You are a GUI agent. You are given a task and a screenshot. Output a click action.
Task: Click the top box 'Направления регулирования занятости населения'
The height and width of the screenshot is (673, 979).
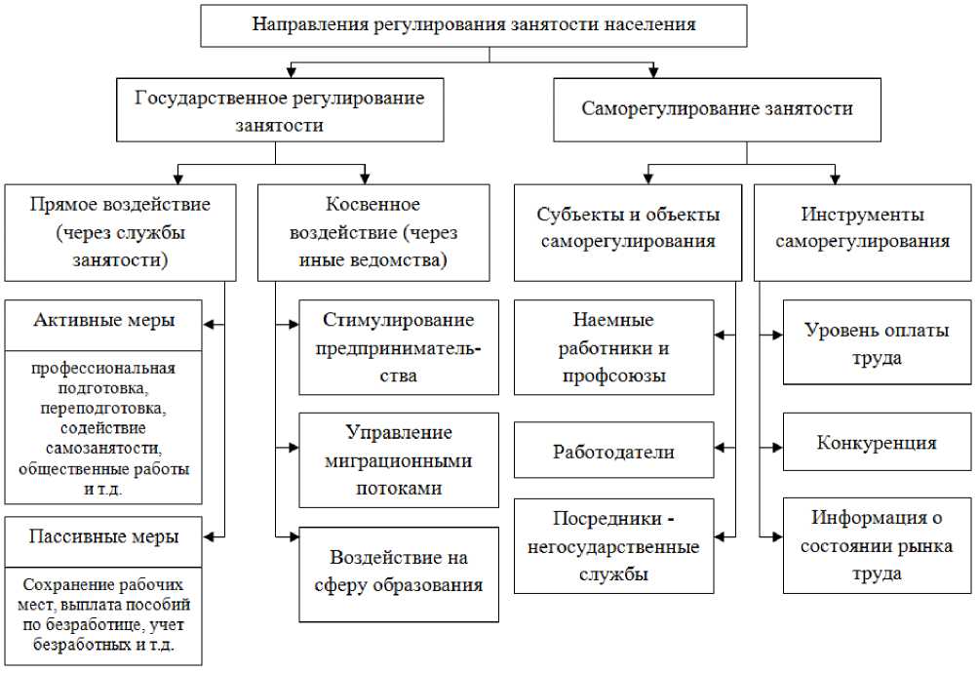click(474, 25)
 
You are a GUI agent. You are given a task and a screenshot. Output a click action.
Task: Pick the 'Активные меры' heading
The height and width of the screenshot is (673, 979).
click(104, 321)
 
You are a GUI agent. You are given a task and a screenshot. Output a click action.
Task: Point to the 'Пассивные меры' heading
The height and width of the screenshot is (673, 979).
click(104, 536)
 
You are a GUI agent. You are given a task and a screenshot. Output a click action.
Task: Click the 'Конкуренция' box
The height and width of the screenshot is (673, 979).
click(877, 443)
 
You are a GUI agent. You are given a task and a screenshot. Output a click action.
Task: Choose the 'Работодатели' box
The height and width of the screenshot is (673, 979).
click(614, 452)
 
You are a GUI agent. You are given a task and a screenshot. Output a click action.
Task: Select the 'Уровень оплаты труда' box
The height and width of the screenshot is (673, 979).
click(877, 343)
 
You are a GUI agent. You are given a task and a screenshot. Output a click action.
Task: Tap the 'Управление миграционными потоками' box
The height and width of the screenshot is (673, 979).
click(399, 459)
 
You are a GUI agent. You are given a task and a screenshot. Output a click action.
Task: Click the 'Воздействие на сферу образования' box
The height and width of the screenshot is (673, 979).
click(399, 573)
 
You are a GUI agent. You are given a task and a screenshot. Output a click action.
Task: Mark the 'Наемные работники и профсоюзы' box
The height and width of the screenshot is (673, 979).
click(614, 347)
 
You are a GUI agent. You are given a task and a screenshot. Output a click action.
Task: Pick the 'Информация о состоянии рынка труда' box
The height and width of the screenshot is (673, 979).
click(877, 545)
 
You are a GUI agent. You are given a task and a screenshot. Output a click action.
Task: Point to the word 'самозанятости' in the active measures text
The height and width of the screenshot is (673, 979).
click(103, 449)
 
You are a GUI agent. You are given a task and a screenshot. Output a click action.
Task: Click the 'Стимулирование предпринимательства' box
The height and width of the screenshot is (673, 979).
click(399, 347)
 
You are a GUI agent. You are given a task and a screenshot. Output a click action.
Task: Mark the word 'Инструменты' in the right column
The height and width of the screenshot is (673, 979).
click(862, 215)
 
